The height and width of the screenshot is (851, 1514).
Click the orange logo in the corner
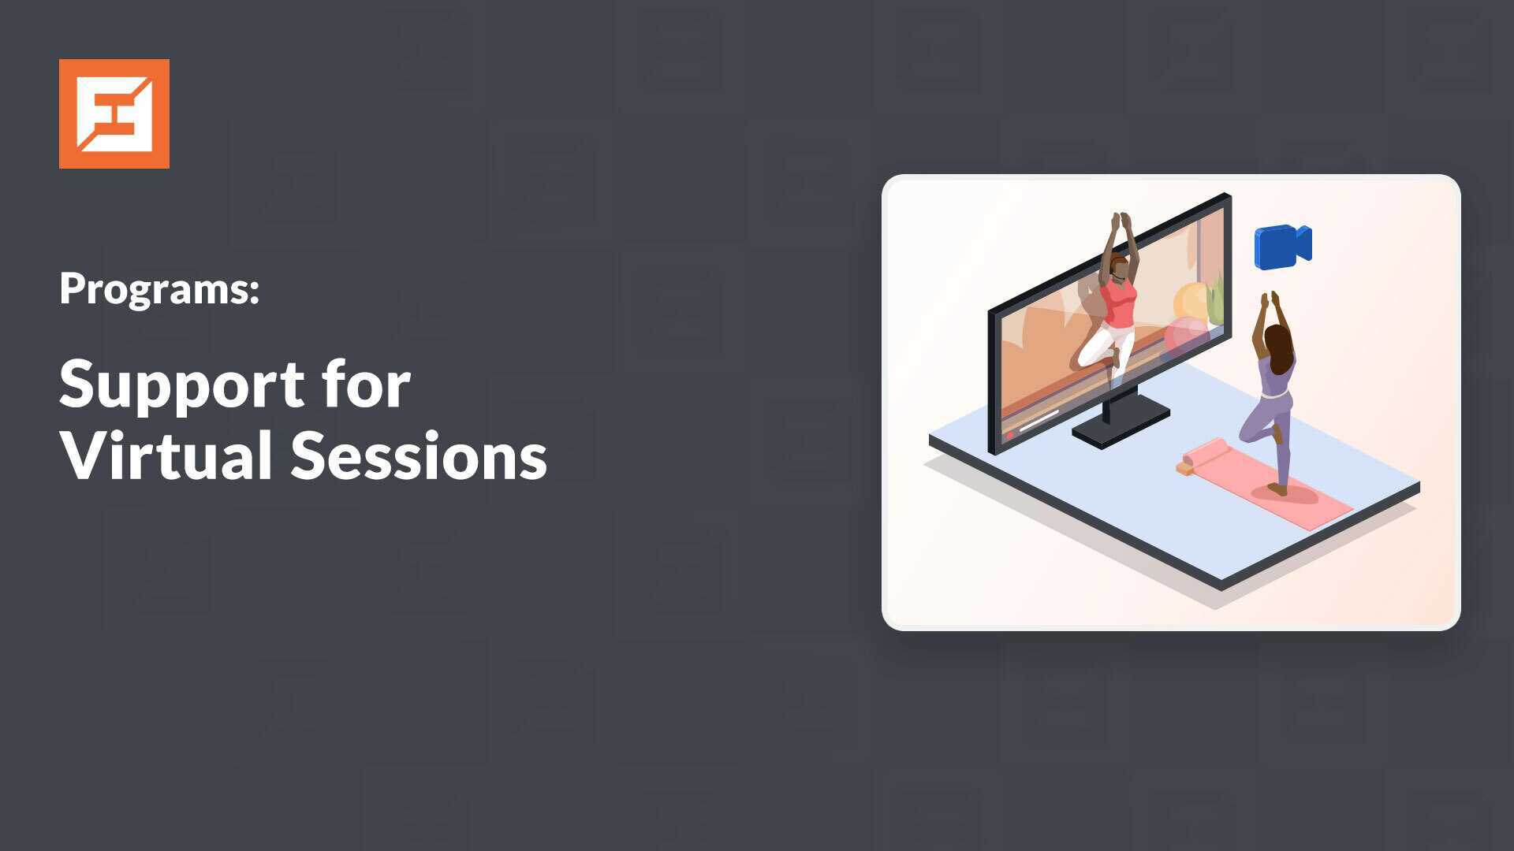pos(114,113)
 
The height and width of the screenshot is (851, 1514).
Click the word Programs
pos(159,290)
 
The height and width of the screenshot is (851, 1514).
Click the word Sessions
pos(420,455)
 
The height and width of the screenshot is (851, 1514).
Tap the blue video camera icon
pos(1283,247)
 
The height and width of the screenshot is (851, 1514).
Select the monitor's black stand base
pos(1121,421)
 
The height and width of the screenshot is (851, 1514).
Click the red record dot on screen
pos(1009,435)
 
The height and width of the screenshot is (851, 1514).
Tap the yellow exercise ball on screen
pos(1191,302)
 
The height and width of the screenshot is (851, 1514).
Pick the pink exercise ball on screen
pos(1185,334)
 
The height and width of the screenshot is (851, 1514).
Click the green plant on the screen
pos(1216,299)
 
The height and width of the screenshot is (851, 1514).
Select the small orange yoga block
pos(1184,469)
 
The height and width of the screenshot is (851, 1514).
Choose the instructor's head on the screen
pos(1118,267)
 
